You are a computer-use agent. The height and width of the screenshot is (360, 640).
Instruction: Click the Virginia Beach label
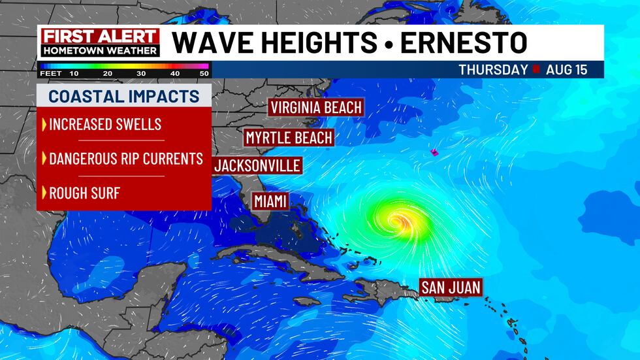[316, 107]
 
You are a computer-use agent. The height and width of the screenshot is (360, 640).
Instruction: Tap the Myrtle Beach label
[288, 138]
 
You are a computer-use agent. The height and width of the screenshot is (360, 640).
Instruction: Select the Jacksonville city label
[257, 165]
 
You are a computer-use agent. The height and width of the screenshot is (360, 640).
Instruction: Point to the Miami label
[270, 201]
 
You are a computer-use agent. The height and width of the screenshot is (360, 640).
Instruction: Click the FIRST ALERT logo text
[100, 36]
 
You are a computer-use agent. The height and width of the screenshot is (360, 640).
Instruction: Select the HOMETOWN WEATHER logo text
[100, 50]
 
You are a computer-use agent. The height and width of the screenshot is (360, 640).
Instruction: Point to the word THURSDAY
[493, 70]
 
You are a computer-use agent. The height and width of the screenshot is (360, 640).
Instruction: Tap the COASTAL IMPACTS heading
[124, 97]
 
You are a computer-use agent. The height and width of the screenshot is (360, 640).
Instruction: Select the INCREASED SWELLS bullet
[105, 124]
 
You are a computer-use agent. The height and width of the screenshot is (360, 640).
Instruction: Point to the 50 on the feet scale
[204, 73]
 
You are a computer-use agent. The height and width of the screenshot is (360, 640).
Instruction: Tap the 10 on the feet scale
[74, 73]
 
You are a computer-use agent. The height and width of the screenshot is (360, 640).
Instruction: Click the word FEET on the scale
[50, 73]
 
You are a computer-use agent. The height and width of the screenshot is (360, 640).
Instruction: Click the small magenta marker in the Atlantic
[434, 152]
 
